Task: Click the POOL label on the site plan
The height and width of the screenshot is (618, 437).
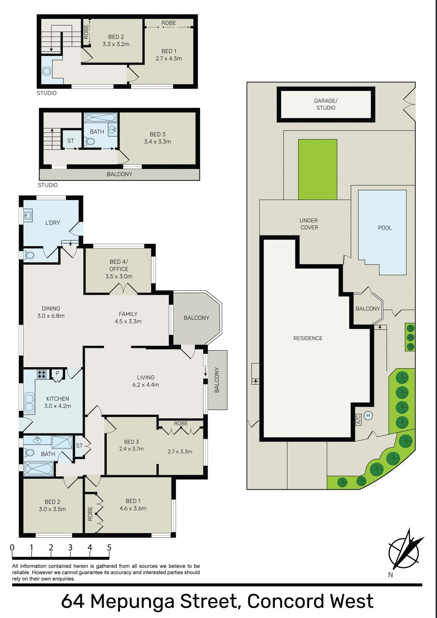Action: pos(385,228)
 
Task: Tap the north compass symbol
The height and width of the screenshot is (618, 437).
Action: pos(404,550)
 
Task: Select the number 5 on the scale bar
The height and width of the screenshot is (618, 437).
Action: pos(109,547)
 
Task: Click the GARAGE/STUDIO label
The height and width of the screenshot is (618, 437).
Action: pos(326,104)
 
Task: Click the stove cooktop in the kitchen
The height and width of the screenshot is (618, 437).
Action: pos(42,374)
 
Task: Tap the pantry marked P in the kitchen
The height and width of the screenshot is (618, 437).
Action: pos(57,373)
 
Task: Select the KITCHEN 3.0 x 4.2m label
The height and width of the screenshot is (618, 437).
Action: pos(57,402)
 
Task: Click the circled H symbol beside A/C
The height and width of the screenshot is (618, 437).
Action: pos(368,416)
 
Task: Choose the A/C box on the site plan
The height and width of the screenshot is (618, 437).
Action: pos(358,419)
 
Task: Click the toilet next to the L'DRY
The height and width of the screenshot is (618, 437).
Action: pos(29,255)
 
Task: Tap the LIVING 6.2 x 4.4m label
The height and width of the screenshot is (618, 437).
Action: pos(146,381)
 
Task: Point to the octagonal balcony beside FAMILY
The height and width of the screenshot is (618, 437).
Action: pos(196,318)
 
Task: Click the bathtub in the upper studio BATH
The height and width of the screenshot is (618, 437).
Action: pos(101,118)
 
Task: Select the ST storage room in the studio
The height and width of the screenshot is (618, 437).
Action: pos(70,140)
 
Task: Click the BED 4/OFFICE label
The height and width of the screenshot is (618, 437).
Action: pos(119,269)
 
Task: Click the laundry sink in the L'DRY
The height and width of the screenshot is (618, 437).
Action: pos(28,215)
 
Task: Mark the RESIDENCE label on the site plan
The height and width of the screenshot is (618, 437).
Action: pos(308,338)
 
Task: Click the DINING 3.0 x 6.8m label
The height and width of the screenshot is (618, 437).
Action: pos(51,312)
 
